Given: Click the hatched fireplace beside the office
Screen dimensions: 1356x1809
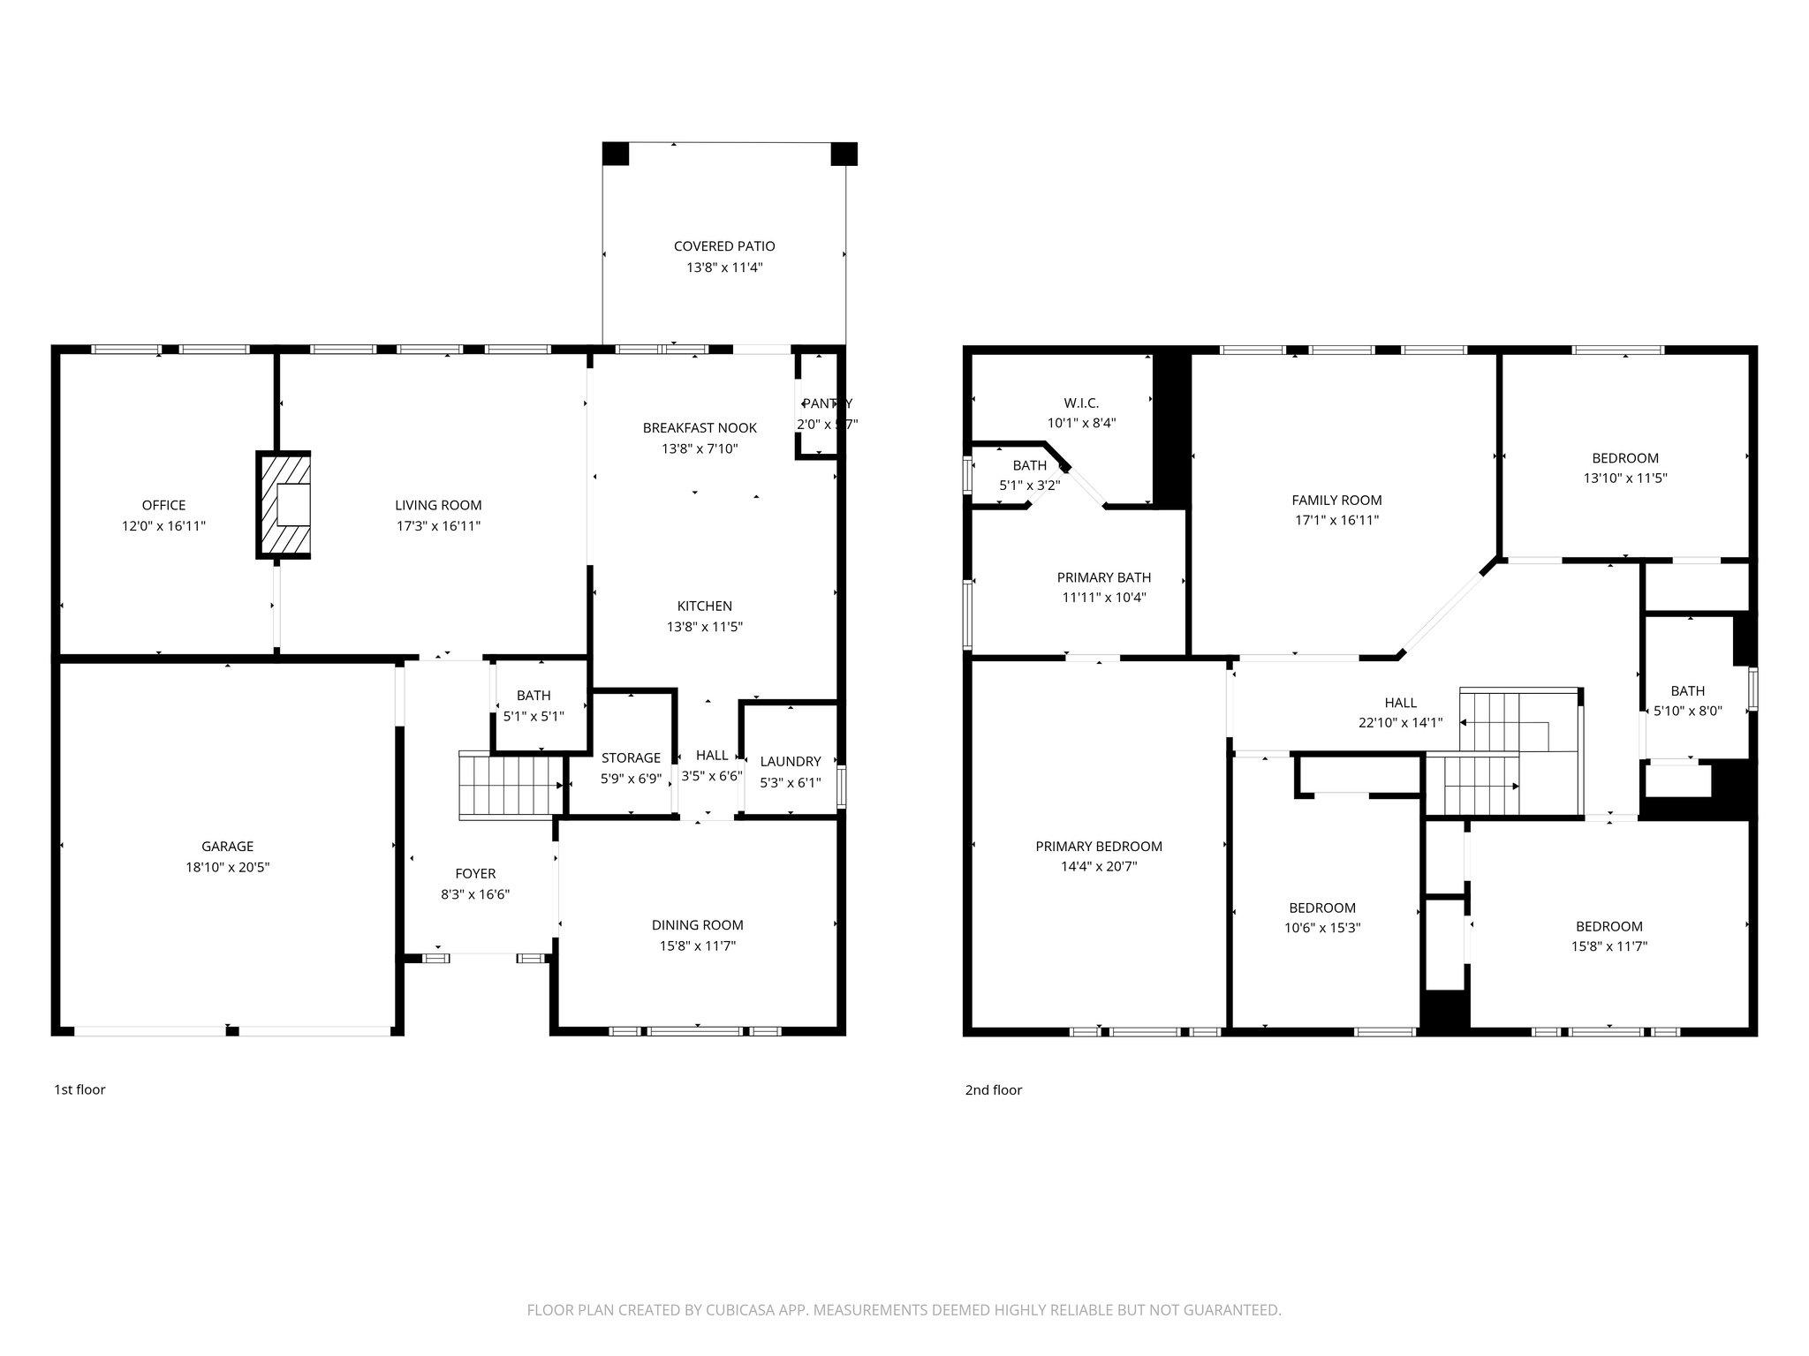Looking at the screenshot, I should (x=284, y=505).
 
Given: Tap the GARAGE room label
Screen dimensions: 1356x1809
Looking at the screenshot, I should (x=227, y=847).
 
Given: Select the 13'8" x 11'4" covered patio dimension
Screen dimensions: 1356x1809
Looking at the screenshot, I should (x=724, y=267).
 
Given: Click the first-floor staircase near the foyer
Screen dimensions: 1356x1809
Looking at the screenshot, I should (x=511, y=786).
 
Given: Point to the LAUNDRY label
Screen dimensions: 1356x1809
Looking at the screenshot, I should (x=790, y=761).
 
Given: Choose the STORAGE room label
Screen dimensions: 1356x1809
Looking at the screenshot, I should (x=631, y=757).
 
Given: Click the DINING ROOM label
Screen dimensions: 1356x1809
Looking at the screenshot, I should (x=697, y=925).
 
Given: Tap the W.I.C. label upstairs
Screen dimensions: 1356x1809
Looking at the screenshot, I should (x=1081, y=403).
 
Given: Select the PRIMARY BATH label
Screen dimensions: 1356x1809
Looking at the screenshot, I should (x=1103, y=577).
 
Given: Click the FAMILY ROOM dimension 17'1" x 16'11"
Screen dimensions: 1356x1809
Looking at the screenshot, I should (x=1336, y=521).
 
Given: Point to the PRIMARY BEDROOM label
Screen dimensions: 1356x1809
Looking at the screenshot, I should (x=1098, y=847).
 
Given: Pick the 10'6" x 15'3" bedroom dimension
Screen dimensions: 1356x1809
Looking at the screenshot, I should (x=1321, y=928).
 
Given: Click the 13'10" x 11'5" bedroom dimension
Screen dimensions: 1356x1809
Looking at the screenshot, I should (x=1624, y=478).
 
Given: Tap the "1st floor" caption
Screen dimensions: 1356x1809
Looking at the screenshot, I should (x=79, y=1089).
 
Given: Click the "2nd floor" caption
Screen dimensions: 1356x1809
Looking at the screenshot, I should (x=993, y=1089).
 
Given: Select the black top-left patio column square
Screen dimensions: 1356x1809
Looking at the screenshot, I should (x=616, y=154).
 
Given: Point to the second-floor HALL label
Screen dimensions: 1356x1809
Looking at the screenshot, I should (x=1400, y=703).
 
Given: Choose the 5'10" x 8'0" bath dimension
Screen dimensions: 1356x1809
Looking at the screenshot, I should (x=1687, y=711).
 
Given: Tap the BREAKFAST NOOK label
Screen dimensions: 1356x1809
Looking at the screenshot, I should (x=699, y=428).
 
